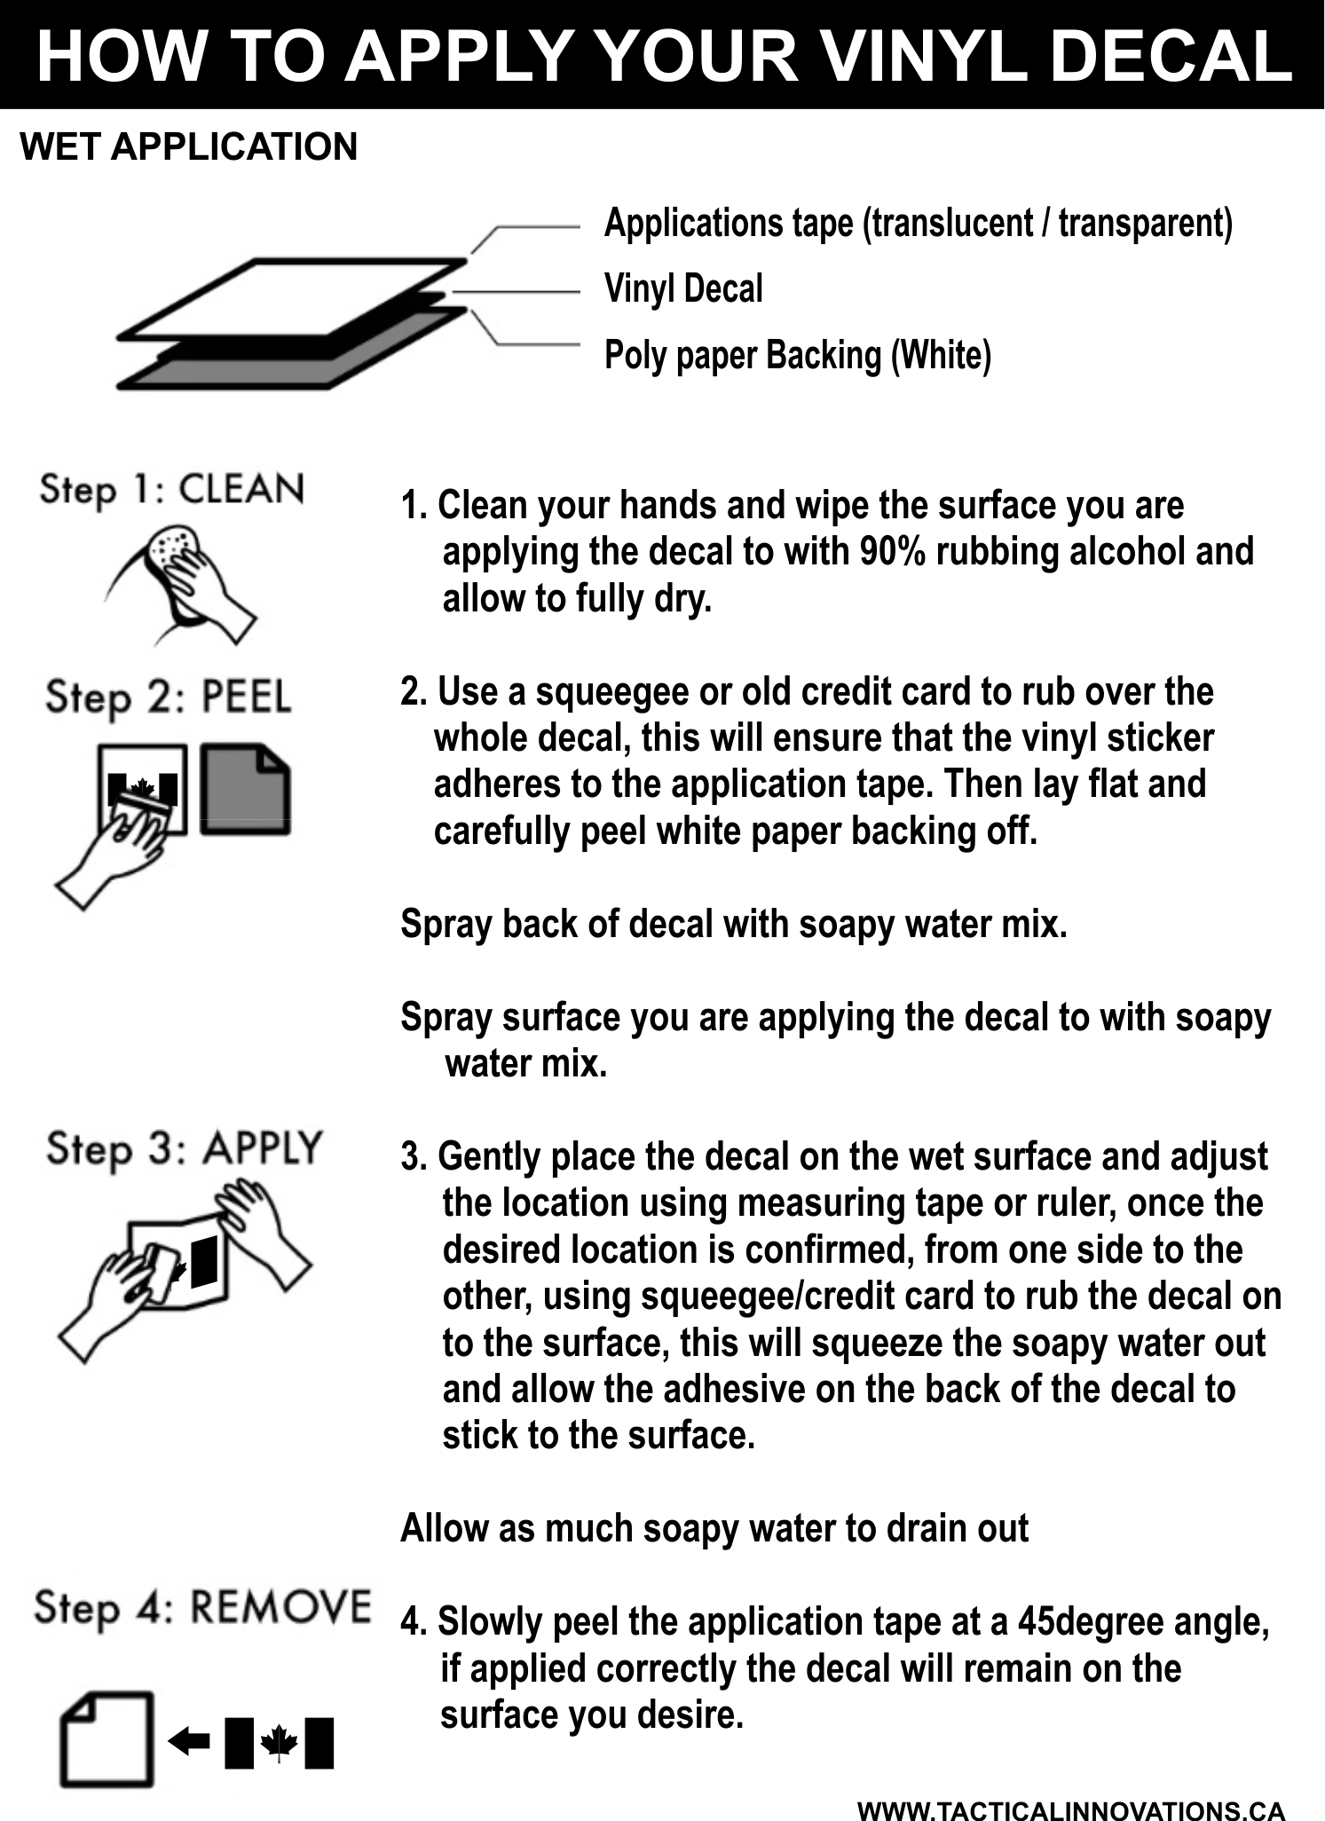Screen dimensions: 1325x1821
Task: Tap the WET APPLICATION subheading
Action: click(189, 146)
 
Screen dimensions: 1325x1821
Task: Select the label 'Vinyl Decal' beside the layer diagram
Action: click(683, 289)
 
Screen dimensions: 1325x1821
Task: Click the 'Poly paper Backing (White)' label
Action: click(798, 355)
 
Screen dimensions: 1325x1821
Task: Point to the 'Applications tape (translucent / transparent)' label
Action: click(919, 223)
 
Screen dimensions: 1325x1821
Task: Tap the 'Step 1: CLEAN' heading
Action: click(172, 490)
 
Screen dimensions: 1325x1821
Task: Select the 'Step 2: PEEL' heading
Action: click(169, 698)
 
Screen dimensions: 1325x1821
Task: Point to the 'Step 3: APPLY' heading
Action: click(184, 1150)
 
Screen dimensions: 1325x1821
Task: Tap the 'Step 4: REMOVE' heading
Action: click(202, 1608)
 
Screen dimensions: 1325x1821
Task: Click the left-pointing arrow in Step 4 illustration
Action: click(189, 1741)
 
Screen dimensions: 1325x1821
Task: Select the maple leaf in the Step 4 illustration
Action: click(279, 1742)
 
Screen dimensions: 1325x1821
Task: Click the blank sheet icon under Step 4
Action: click(106, 1739)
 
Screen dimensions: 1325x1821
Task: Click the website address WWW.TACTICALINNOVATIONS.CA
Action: click(1071, 1809)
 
